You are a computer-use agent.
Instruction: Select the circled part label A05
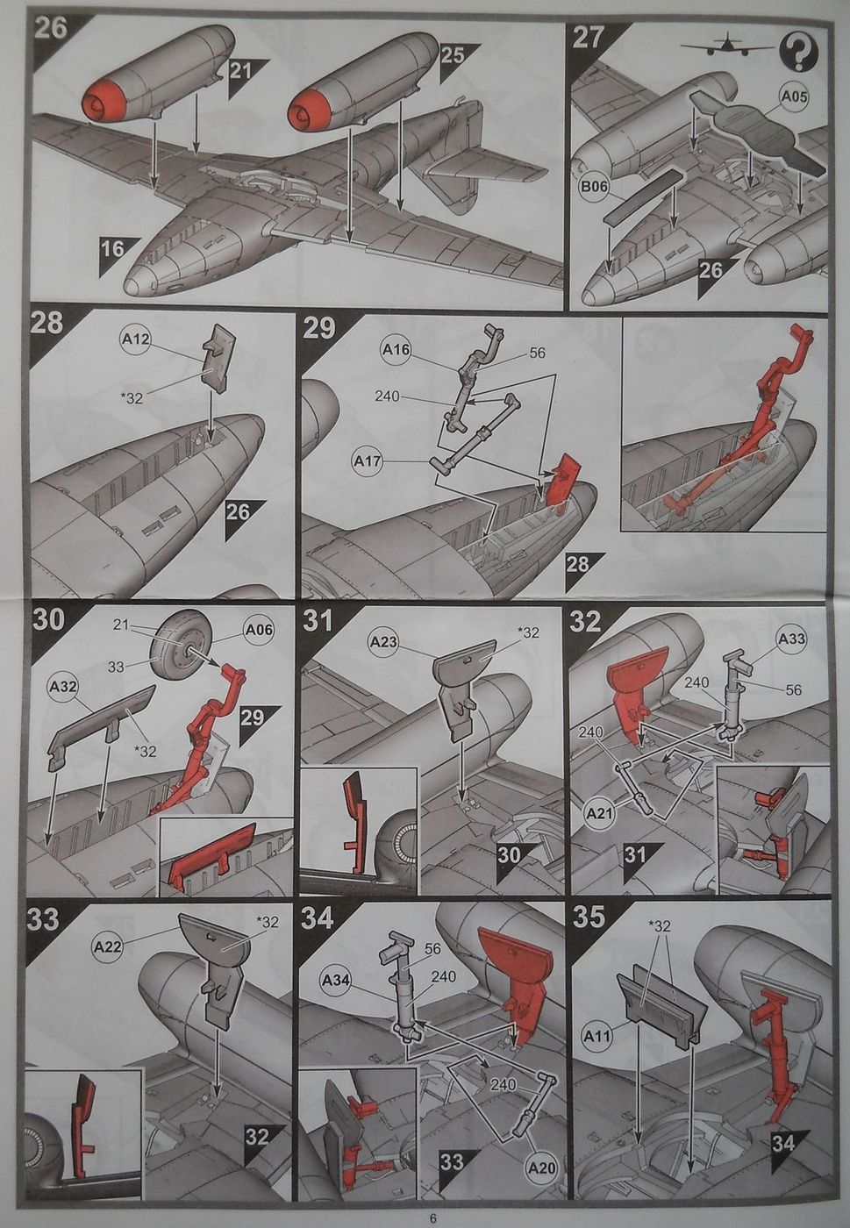coord(794,98)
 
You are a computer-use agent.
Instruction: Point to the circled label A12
coord(134,339)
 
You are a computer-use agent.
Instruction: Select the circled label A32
coord(64,686)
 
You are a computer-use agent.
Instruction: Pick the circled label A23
coord(384,641)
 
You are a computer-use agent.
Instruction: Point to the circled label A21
coord(599,814)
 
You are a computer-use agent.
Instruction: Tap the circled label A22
coord(108,947)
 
